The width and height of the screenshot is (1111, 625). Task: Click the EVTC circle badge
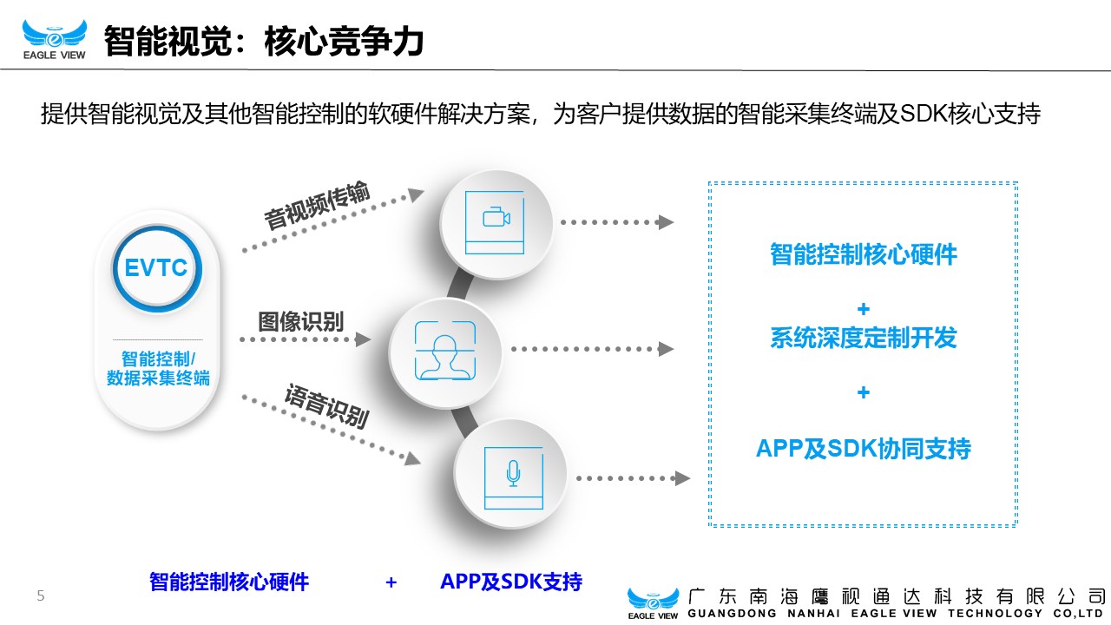tap(157, 268)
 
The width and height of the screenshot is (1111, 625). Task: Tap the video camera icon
tap(496, 218)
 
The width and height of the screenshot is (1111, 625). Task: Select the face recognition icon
tap(445, 351)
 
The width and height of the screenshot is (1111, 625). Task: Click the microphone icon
tap(513, 473)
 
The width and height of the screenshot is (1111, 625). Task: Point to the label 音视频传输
tap(318, 206)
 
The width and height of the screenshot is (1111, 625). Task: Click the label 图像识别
tap(301, 321)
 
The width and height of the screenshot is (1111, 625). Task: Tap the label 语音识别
tap(327, 405)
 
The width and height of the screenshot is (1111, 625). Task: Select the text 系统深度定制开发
tap(864, 338)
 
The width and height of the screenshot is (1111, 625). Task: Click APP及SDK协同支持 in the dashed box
tap(864, 449)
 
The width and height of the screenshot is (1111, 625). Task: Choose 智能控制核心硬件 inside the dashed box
tap(864, 254)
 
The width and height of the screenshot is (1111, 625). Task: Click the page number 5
tap(41, 595)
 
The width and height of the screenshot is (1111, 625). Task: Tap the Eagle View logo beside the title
tap(55, 40)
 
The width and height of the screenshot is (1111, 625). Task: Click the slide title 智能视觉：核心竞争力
tap(263, 41)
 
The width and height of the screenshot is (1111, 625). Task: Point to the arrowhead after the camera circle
tap(666, 221)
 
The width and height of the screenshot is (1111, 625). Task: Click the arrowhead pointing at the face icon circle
tap(364, 339)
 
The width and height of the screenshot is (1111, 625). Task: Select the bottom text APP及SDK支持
tap(511, 582)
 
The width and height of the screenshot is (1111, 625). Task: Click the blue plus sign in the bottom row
tap(391, 582)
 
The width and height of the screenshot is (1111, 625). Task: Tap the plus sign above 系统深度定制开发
tap(864, 309)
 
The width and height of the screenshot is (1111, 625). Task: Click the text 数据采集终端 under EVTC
tap(158, 378)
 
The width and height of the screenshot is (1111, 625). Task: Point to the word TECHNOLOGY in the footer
tap(995, 614)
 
